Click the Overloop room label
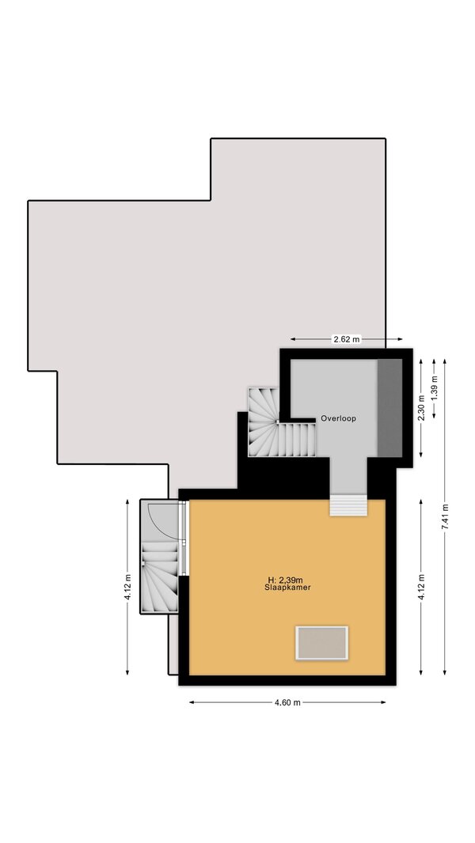[338, 418]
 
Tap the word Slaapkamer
[287, 588]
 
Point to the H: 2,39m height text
[285, 580]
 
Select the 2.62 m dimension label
[347, 339]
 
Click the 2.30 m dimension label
[421, 407]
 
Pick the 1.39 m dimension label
[434, 385]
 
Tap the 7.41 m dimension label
[445, 517]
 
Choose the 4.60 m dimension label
[287, 703]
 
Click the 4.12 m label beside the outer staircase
[127, 588]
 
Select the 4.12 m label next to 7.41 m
[421, 588]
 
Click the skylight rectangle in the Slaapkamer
[321, 642]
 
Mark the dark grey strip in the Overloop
[389, 408]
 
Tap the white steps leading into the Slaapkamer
[348, 505]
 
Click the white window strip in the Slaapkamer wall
[184, 538]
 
